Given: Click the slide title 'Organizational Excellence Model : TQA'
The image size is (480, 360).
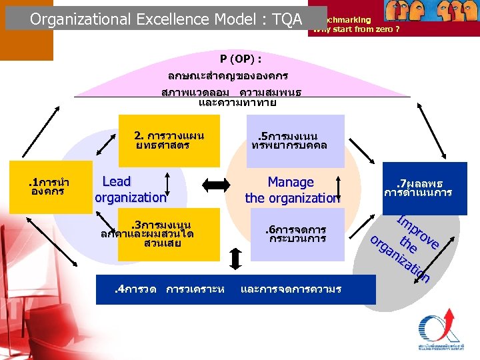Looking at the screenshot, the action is click(166, 19).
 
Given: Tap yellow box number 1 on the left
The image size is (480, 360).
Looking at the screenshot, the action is click(51, 187).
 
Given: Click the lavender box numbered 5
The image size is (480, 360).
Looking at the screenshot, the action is click(295, 141).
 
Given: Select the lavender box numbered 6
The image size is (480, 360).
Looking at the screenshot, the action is click(295, 234).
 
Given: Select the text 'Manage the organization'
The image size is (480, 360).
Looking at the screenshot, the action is click(293, 190).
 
